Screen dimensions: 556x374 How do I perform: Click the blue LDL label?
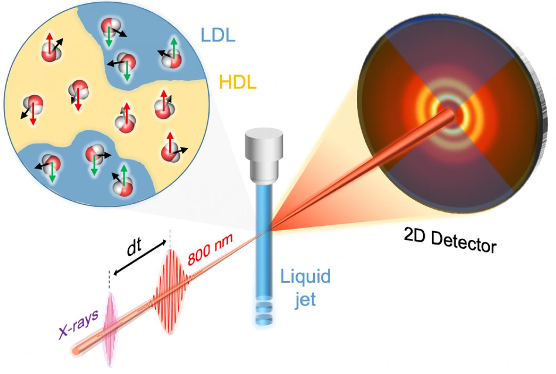[218, 36]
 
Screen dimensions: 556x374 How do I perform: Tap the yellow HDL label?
[238, 83]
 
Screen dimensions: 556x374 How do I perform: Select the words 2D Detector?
[450, 239]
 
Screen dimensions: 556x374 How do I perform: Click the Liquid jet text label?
[306, 287]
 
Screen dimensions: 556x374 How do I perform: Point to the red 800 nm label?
[210, 249]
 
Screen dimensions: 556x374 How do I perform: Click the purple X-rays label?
[78, 325]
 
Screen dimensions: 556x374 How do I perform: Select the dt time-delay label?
[135, 247]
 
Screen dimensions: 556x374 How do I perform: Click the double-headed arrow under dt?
[140, 258]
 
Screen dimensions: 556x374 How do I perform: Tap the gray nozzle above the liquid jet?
[265, 156]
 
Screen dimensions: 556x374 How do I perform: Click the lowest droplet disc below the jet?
[264, 319]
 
